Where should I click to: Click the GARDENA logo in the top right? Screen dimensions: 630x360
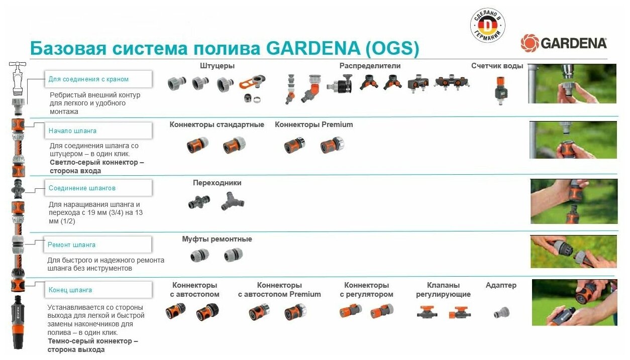coord(564,43)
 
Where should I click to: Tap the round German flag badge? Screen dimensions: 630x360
coord(487,25)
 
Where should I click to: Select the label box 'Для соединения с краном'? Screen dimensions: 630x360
coord(98,79)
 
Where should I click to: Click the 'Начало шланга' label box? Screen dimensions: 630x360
coord(98,131)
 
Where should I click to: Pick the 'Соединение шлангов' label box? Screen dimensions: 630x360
coord(98,188)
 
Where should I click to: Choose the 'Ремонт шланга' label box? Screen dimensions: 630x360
coord(98,245)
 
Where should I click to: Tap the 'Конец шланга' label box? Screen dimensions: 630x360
coord(98,290)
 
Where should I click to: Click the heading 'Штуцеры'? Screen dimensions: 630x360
coord(217,66)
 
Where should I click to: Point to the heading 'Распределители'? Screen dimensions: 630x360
coord(370,66)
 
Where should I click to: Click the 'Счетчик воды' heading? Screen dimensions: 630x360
coord(497,66)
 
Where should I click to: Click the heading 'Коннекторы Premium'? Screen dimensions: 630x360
coord(313,125)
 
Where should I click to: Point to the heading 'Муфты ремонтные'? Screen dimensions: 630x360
coord(217,239)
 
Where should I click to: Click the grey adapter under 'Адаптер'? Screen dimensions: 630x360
coord(500,312)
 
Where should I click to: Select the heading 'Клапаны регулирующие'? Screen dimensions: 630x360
coord(443,290)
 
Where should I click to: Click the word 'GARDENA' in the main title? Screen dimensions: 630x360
coord(311,48)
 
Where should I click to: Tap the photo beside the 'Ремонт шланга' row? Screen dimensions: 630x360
coord(573,252)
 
